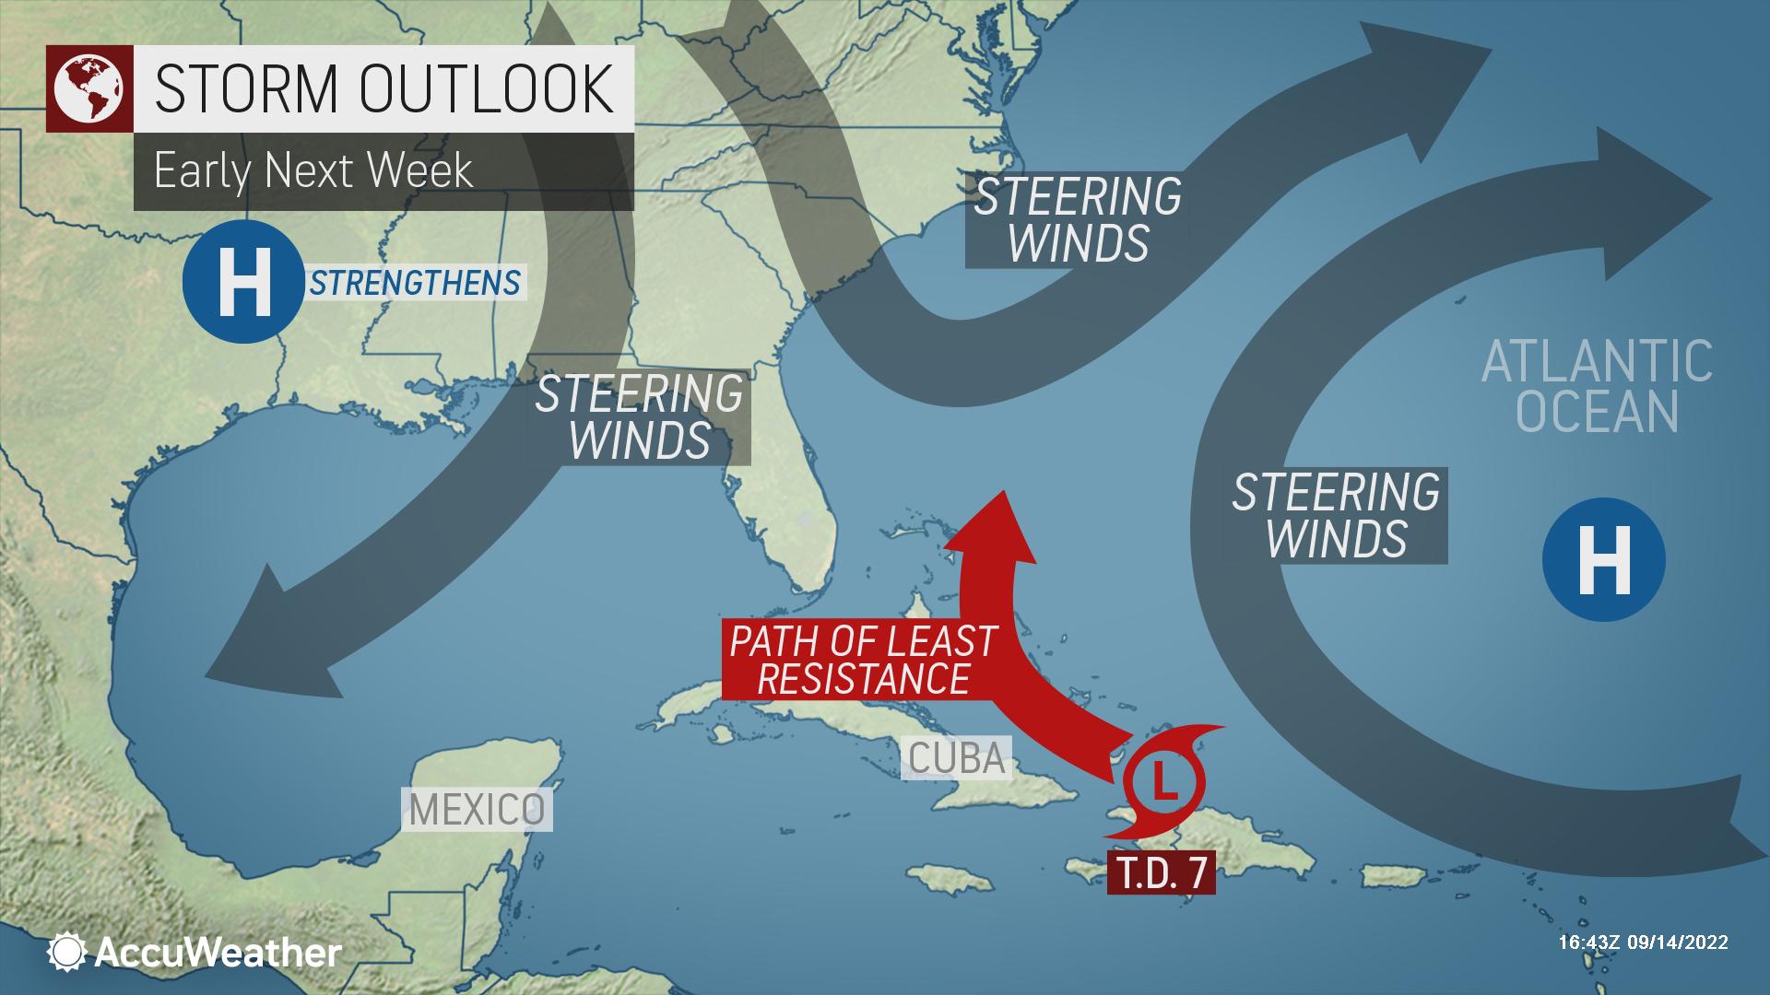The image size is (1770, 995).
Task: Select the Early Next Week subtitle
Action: coord(313,170)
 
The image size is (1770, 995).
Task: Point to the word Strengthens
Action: coord(415,282)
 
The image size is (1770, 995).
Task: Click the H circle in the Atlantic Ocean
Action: coord(1603,559)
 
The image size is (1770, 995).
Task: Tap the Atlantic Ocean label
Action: coord(1597,386)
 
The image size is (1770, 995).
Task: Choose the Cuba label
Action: coord(956,757)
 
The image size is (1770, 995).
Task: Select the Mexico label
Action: coord(477,810)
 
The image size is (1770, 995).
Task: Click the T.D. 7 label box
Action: coord(1162,872)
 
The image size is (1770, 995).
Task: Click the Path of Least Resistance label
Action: coord(862,660)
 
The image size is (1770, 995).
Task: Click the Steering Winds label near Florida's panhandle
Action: coord(639,416)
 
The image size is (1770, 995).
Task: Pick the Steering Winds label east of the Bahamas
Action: coord(1336,515)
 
